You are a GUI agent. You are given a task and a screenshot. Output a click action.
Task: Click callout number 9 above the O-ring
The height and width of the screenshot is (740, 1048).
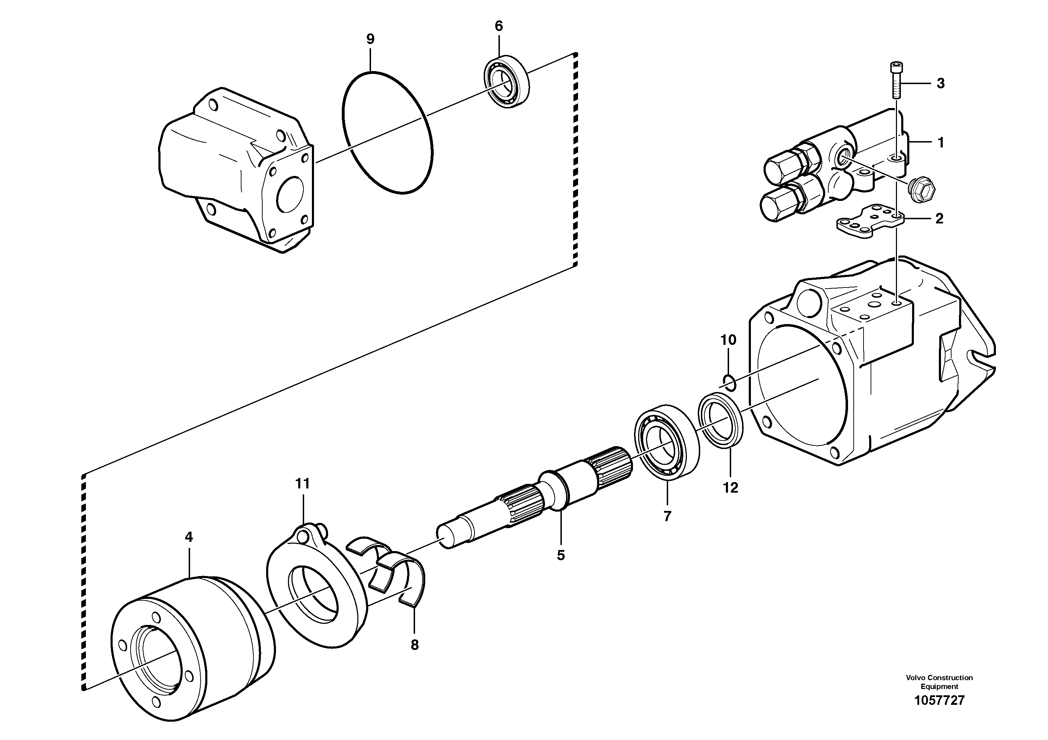click(370, 39)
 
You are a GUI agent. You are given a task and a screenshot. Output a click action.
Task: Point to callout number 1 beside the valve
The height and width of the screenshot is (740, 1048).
click(940, 143)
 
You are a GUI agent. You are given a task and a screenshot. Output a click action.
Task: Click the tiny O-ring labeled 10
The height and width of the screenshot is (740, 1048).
click(729, 383)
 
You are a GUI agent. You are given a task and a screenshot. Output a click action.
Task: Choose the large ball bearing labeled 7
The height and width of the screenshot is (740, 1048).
click(667, 442)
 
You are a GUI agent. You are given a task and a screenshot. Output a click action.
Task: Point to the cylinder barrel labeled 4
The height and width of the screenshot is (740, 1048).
click(192, 648)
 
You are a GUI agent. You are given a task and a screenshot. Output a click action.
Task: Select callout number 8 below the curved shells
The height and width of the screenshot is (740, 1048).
click(414, 645)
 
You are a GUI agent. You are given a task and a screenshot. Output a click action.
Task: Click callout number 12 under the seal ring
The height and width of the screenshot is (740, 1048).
click(730, 488)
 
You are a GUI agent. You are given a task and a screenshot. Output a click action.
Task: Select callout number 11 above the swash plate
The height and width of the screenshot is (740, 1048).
click(302, 483)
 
